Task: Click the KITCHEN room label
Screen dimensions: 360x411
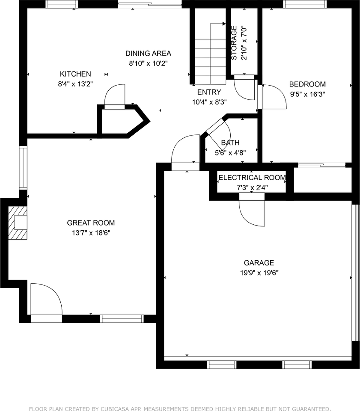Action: click(75, 74)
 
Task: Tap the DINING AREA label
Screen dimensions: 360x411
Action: click(148, 54)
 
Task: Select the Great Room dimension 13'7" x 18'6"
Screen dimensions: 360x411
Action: click(91, 233)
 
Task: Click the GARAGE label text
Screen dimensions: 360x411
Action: click(259, 262)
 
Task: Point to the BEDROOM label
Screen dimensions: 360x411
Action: click(307, 84)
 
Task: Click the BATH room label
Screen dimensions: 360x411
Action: click(230, 143)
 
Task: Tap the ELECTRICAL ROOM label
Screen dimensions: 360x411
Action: click(252, 178)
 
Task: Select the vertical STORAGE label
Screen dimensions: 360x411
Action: click(234, 43)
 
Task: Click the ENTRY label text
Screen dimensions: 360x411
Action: click(209, 92)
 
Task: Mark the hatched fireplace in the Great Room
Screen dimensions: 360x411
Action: click(18, 223)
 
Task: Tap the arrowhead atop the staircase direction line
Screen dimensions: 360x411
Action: click(224, 24)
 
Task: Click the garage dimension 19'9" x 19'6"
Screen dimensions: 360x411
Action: click(259, 273)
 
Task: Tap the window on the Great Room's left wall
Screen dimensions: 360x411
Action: click(23, 167)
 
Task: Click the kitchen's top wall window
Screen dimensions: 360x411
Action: click(62, 4)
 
